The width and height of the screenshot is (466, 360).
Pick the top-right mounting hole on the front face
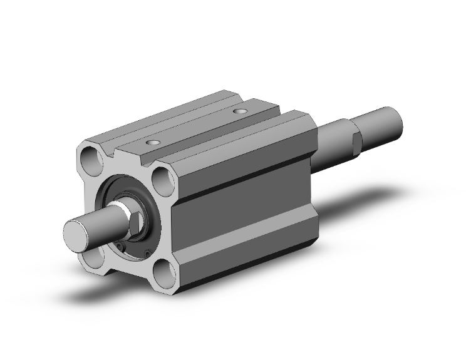165,180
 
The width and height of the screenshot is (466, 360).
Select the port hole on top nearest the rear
239,111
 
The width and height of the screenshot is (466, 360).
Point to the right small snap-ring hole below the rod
147,253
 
